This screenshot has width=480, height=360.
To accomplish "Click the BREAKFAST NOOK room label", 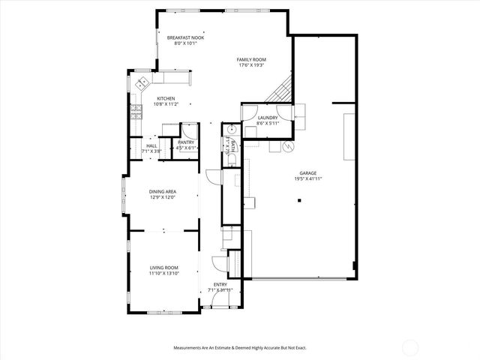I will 185,37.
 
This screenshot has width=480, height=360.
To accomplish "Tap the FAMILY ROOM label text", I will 251,60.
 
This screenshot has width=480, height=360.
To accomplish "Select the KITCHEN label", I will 165,99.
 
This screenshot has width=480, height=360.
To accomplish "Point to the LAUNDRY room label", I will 267,118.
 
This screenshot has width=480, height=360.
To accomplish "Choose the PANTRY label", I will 186,142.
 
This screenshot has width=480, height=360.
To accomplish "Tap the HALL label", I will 151,146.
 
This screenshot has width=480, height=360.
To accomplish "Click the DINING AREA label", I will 162,192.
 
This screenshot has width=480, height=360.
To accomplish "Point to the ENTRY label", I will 220,284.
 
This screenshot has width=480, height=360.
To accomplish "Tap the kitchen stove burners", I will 136,112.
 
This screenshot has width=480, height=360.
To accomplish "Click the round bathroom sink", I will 232,130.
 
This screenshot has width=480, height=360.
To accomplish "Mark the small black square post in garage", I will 299,200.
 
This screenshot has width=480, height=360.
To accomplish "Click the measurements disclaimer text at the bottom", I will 239,348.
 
